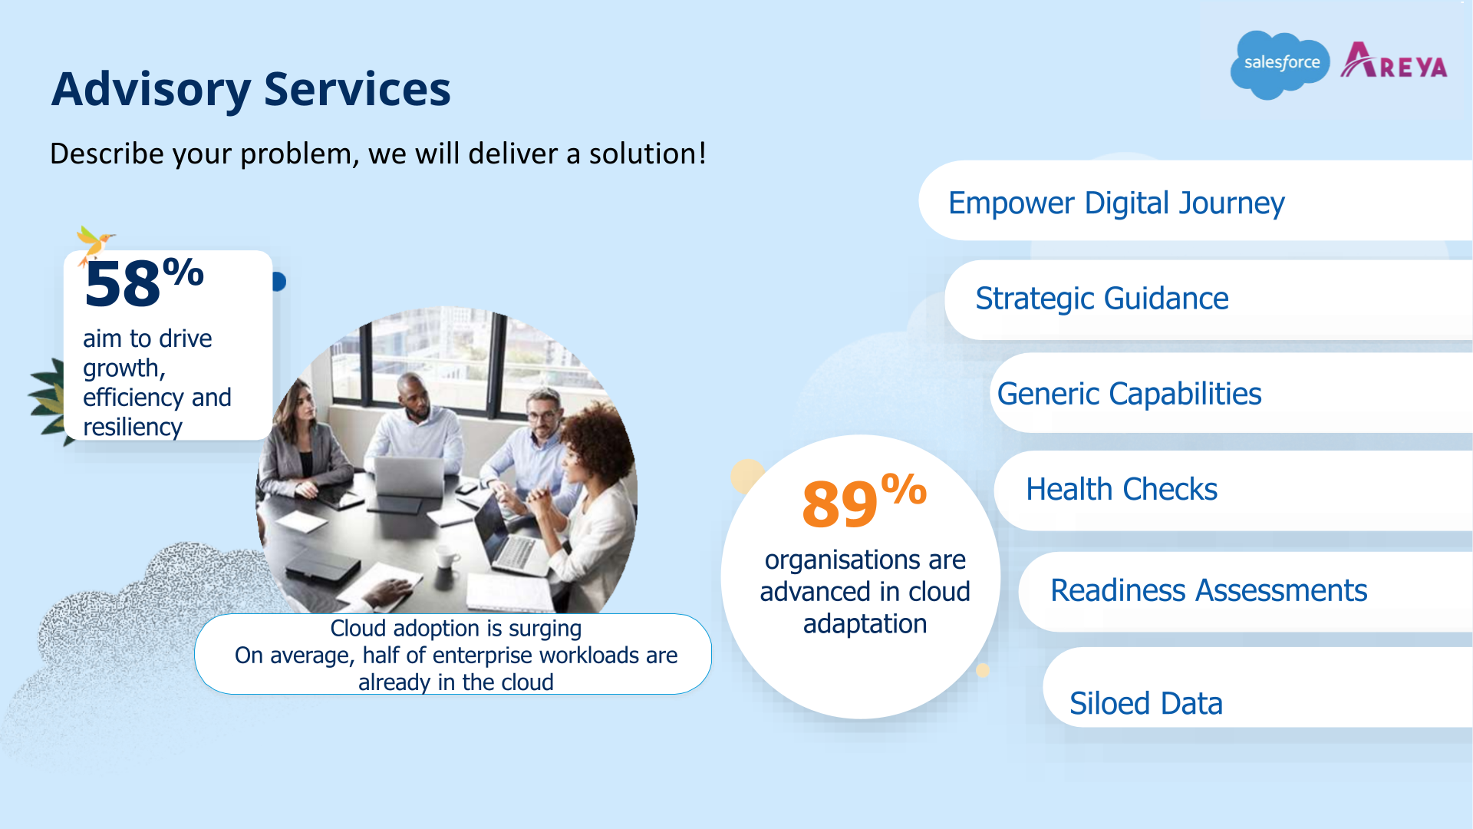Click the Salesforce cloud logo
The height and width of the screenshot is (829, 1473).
coord(1280,64)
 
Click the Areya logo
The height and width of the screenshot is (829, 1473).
coord(1394,61)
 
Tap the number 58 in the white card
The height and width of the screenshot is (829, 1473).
coord(123,285)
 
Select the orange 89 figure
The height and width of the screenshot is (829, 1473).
coord(839,504)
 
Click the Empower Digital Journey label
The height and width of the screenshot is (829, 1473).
coord(1115,203)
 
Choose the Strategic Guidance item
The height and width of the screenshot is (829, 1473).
coord(1102,299)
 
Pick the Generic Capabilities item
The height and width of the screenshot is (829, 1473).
coord(1129,394)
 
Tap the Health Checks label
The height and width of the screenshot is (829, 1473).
coord(1121,490)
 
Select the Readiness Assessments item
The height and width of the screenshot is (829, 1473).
coord(1208,591)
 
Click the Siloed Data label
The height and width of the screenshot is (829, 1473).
coord(1145,703)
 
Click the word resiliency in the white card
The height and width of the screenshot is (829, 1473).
coord(132,427)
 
